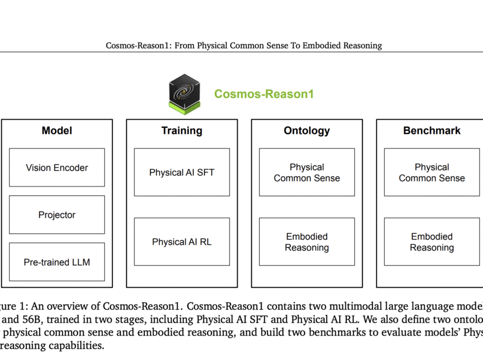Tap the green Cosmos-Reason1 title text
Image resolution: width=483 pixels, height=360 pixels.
click(x=264, y=94)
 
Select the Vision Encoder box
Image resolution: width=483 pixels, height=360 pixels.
click(x=57, y=168)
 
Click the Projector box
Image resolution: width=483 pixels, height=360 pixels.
click(x=57, y=215)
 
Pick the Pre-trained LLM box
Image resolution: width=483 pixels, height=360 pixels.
click(x=57, y=262)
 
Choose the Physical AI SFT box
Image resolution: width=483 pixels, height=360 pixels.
click(x=182, y=172)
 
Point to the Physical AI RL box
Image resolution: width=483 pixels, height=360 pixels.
click(x=182, y=242)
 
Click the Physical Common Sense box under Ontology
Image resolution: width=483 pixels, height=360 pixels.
click(x=307, y=172)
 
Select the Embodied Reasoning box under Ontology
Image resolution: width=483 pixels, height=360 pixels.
click(x=307, y=242)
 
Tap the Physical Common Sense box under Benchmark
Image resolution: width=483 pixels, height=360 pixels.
click(x=432, y=172)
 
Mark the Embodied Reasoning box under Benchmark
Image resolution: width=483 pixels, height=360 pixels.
click(x=432, y=242)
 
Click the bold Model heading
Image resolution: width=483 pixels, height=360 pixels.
click(x=57, y=131)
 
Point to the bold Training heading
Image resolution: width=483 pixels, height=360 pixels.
click(x=182, y=131)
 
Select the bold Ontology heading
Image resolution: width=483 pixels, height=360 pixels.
click(x=307, y=131)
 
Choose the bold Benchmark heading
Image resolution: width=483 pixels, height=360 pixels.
click(x=432, y=131)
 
